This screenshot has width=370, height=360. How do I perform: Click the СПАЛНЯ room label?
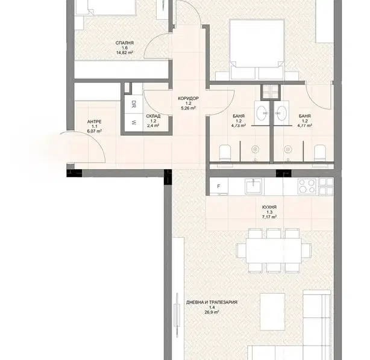click(125, 43)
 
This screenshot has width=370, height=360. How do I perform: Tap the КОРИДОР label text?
click(188, 98)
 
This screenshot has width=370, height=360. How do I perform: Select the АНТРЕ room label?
click(95, 122)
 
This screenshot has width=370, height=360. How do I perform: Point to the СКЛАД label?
click(153, 116)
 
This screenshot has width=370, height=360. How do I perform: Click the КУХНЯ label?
click(269, 207)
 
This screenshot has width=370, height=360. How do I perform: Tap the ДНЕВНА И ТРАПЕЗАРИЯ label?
click(212, 302)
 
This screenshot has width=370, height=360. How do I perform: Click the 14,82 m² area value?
click(125, 53)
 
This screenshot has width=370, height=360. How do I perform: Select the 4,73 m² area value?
click(239, 125)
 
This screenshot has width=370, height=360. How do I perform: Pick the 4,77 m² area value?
click(305, 125)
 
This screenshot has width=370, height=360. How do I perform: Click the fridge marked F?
click(219, 187)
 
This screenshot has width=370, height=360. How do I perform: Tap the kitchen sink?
click(254, 185)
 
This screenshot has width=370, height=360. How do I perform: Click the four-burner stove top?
click(307, 186)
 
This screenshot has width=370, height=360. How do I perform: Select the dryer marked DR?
click(134, 104)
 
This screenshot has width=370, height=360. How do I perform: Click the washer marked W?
click(134, 123)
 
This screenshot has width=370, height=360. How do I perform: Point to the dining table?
click(274, 250)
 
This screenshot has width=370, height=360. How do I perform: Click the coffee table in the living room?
click(272, 312)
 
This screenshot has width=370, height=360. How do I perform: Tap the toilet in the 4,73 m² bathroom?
click(225, 154)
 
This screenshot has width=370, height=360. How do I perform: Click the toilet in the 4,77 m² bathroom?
click(320, 154)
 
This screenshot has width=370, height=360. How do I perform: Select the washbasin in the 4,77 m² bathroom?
click(281, 113)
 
